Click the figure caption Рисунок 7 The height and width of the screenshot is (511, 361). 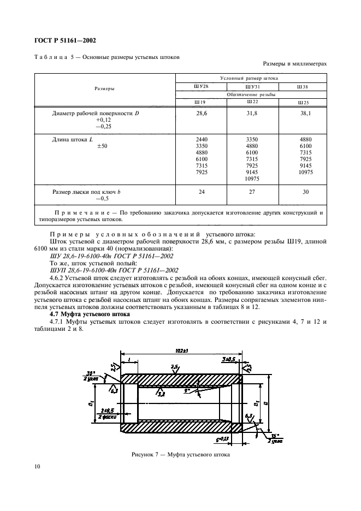[x=180, y=454]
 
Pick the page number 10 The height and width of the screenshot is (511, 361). [x=37, y=466]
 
